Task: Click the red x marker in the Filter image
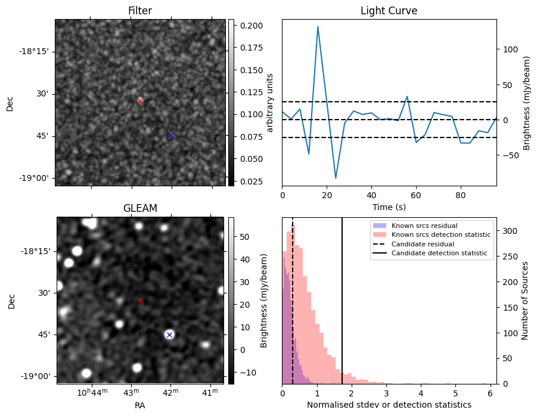pos(140,101)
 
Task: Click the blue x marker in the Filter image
pos(170,135)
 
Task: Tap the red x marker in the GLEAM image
pos(140,300)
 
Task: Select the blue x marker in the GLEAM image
pos(169,334)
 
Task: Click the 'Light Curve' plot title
pos(389,11)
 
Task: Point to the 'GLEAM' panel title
pos(140,208)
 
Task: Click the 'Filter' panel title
pos(140,11)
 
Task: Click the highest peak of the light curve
pos(318,27)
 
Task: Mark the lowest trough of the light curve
pos(336,178)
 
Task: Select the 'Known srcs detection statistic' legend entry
pos(440,234)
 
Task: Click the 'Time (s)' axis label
pos(389,207)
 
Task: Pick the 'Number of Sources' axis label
pos(525,300)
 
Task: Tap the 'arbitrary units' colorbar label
pos(269,102)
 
